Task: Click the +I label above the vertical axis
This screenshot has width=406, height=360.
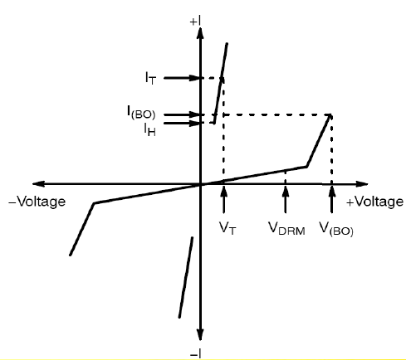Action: click(195, 22)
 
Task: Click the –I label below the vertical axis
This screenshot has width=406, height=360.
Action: click(195, 354)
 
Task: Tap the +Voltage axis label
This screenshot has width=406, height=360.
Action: click(374, 202)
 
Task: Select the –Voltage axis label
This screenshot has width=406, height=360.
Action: click(37, 202)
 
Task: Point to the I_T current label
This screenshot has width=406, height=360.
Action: click(151, 78)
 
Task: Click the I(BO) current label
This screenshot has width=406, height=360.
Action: click(141, 113)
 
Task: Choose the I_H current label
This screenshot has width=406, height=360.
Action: click(149, 129)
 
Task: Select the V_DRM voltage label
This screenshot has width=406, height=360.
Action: click(286, 228)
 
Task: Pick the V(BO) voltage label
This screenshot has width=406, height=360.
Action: click(336, 229)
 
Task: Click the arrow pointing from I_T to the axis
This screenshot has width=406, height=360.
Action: click(182, 78)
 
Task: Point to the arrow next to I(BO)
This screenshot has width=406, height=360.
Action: click(182, 114)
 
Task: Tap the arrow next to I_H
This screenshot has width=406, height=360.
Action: click(182, 123)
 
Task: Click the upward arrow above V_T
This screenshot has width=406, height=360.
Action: click(224, 199)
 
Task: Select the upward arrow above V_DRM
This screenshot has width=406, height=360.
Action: click(286, 199)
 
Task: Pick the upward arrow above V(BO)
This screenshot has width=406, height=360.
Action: click(331, 199)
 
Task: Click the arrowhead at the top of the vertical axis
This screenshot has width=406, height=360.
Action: click(200, 33)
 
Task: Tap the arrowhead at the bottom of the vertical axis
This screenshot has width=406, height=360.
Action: click(200, 334)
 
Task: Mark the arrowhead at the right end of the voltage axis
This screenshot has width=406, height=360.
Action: click(362, 183)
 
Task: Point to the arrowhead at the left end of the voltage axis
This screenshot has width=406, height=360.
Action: click(39, 183)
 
